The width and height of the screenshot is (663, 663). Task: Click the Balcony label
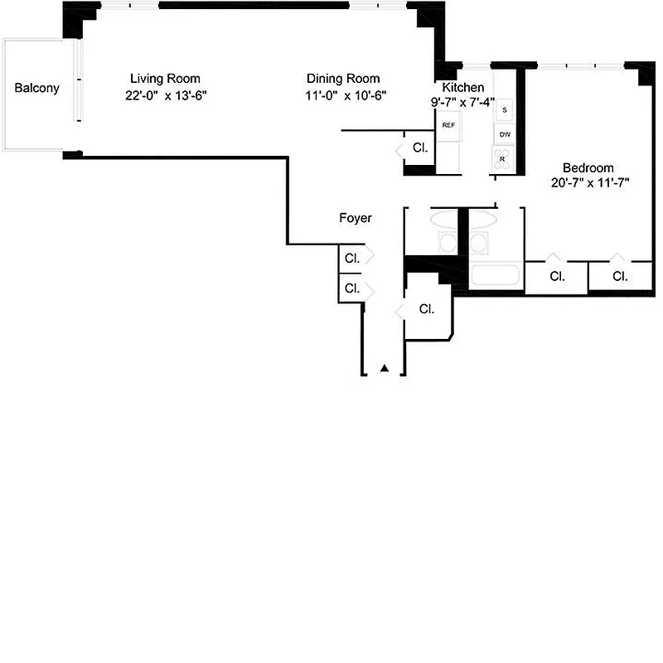pyautogui.click(x=36, y=88)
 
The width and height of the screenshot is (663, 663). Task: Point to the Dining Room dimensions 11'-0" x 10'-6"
pyautogui.click(x=346, y=95)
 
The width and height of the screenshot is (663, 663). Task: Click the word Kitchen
pyautogui.click(x=463, y=88)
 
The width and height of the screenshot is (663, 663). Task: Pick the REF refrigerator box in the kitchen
pyautogui.click(x=448, y=125)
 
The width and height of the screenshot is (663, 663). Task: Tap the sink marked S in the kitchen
pyautogui.click(x=505, y=109)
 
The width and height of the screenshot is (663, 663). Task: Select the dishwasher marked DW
pyautogui.click(x=505, y=133)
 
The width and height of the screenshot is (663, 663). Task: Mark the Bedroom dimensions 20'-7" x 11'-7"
pyautogui.click(x=590, y=182)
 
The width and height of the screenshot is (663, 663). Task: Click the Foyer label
pyautogui.click(x=356, y=218)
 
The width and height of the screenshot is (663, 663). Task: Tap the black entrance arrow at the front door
pyautogui.click(x=384, y=368)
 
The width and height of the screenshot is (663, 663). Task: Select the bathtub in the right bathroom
pyautogui.click(x=496, y=276)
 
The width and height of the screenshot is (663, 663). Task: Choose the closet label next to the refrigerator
pyautogui.click(x=420, y=148)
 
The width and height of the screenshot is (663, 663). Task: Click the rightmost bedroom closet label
pyautogui.click(x=619, y=276)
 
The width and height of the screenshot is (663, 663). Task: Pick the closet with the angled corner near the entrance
pyautogui.click(x=427, y=309)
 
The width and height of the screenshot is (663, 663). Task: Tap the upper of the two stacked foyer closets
pyautogui.click(x=352, y=258)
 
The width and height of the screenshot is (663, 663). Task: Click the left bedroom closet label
pyautogui.click(x=557, y=276)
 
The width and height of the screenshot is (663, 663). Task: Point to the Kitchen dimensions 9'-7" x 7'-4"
pyautogui.click(x=462, y=103)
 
